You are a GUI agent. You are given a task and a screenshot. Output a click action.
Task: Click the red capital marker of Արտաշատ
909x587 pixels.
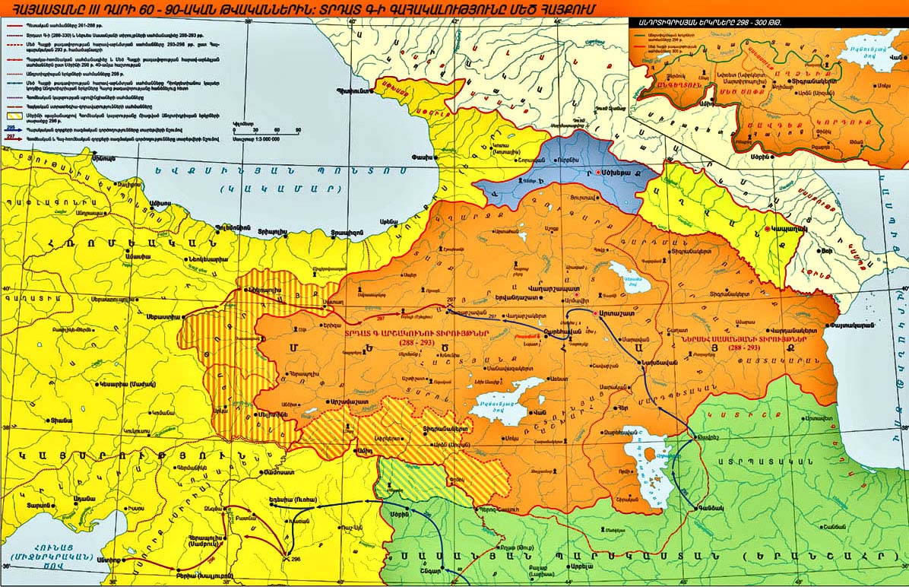point(583,313)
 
